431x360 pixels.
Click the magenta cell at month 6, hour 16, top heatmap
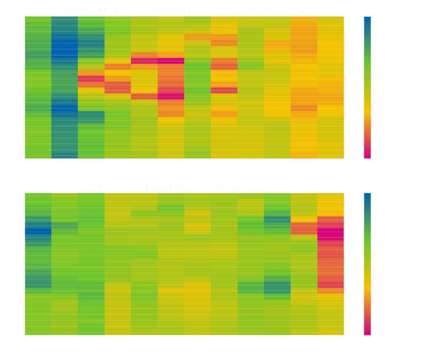click(x=171, y=61)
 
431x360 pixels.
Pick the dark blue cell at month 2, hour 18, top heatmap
click(x=64, y=49)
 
